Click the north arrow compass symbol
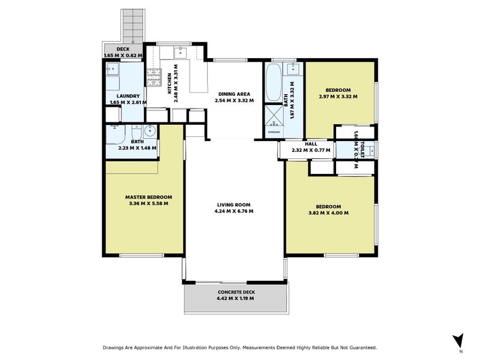point(458,340)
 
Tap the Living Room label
point(235,204)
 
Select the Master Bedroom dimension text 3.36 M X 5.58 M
point(148,203)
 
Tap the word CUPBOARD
point(274,131)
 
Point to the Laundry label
point(124,95)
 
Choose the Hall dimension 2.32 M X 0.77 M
point(311,151)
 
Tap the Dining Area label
point(235,94)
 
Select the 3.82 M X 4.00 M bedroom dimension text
point(328,213)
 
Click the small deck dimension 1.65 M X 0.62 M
point(123,56)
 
